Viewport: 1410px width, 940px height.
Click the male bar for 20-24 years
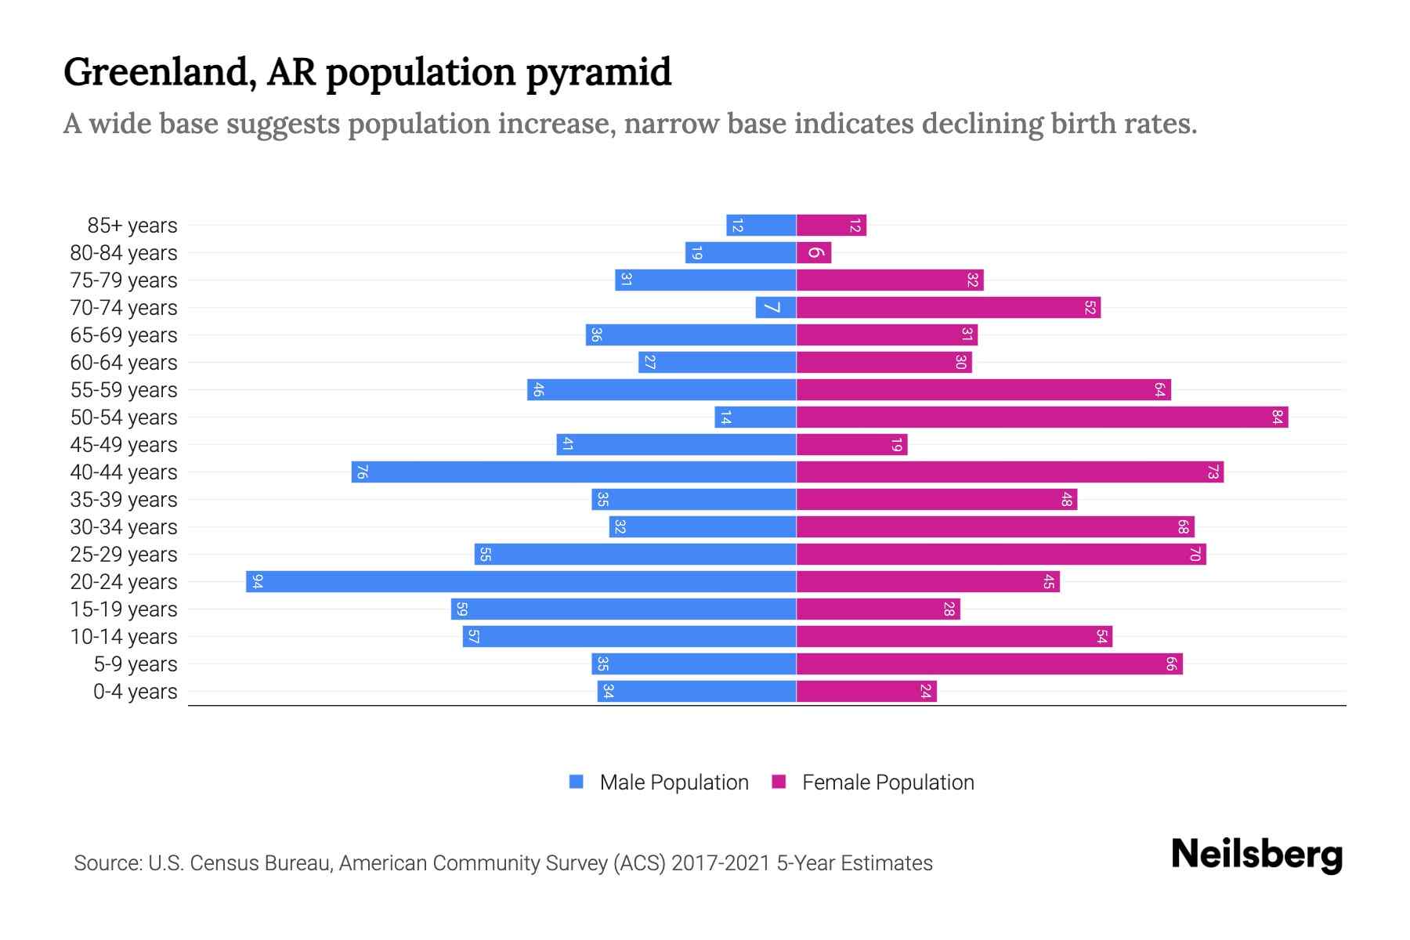click(521, 581)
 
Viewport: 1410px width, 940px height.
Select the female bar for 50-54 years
click(1042, 417)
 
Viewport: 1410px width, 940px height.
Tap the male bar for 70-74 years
click(776, 307)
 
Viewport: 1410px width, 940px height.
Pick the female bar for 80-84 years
click(814, 252)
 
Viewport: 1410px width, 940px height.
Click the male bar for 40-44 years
click(574, 472)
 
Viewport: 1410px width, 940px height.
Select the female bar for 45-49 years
click(851, 444)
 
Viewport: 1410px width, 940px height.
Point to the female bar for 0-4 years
click(866, 691)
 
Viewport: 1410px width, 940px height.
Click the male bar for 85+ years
click(761, 225)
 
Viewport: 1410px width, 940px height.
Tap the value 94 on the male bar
click(257, 581)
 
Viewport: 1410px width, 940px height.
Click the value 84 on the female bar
click(1277, 417)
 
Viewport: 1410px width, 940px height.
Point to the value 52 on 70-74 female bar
click(1090, 307)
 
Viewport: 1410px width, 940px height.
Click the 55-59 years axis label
click(124, 390)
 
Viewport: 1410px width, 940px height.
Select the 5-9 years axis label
click(136, 664)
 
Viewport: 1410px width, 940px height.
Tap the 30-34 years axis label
click(124, 527)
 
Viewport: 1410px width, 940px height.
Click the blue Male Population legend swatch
click(577, 782)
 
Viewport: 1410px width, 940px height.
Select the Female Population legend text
click(888, 782)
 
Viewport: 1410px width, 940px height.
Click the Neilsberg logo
click(1256, 855)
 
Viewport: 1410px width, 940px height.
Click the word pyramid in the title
click(598, 73)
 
